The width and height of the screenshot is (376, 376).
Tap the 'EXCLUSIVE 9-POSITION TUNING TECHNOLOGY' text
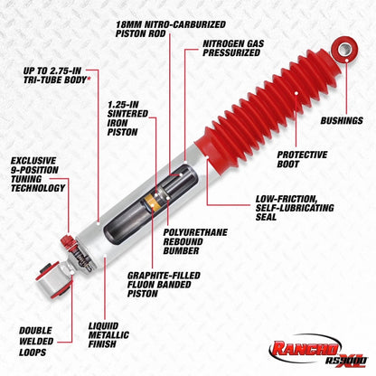pos(37,175)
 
